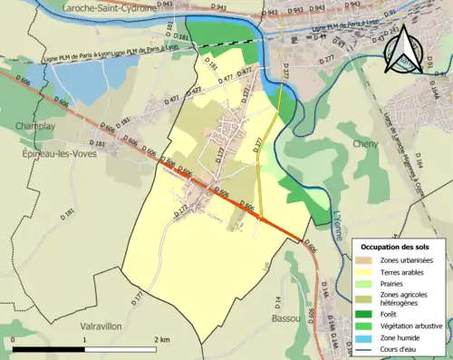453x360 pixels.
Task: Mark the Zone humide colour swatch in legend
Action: pyautogui.click(x=368, y=336)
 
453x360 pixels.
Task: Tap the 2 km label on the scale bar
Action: pyautogui.click(x=160, y=339)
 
